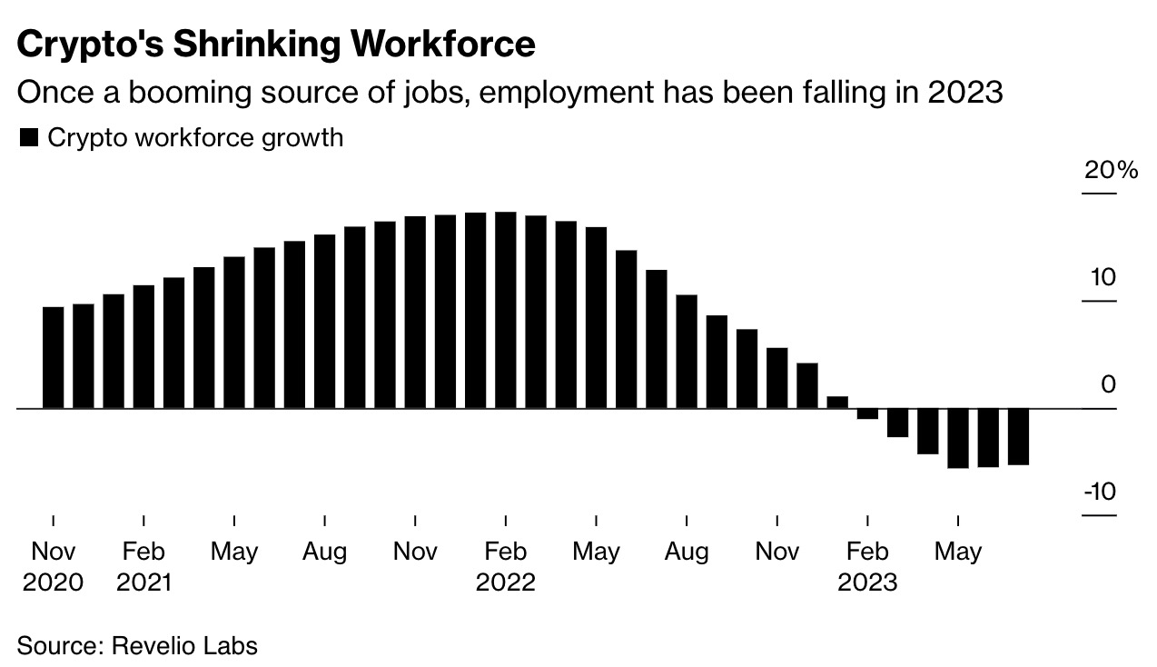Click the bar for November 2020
(54, 358)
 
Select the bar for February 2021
(144, 347)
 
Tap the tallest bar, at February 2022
(505, 310)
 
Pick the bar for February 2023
(867, 413)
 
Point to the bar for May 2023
(958, 438)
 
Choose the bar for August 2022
(687, 352)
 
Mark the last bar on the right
(1018, 436)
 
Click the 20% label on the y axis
(1111, 170)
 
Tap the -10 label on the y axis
(1099, 492)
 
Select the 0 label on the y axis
(1108, 385)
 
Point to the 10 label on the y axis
(1103, 277)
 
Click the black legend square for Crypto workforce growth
(29, 138)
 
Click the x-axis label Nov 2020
(53, 566)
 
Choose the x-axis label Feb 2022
(505, 566)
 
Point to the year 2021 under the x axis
(143, 582)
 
